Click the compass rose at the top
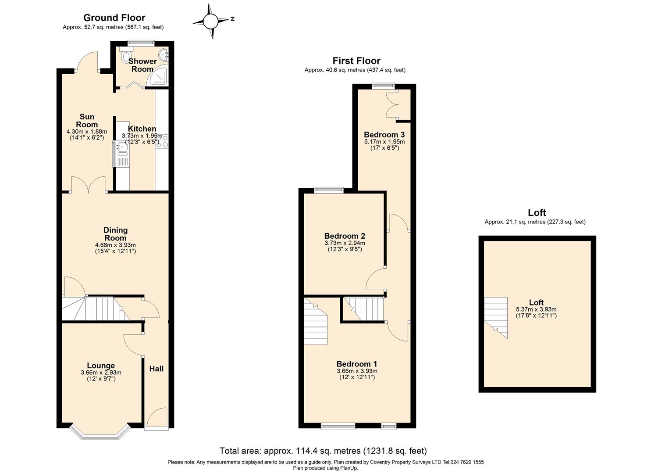(x=210, y=21)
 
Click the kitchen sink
(x=121, y=150)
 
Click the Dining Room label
(x=115, y=234)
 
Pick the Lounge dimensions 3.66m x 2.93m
(x=101, y=373)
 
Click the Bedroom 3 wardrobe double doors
(x=391, y=105)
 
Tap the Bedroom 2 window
(x=329, y=190)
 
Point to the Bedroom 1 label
(x=356, y=364)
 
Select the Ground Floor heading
(x=114, y=18)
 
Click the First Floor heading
(x=356, y=61)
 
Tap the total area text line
(x=323, y=451)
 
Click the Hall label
(x=156, y=369)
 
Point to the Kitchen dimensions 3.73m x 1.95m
(x=142, y=136)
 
